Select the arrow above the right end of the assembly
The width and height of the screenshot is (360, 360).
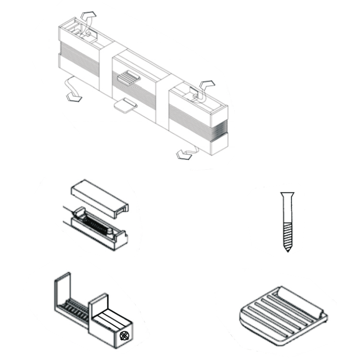tap(207, 84)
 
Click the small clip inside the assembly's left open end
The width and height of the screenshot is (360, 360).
tap(81, 32)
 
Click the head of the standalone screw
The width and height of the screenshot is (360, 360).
tap(287, 195)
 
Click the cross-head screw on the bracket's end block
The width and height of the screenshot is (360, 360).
tap(125, 335)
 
